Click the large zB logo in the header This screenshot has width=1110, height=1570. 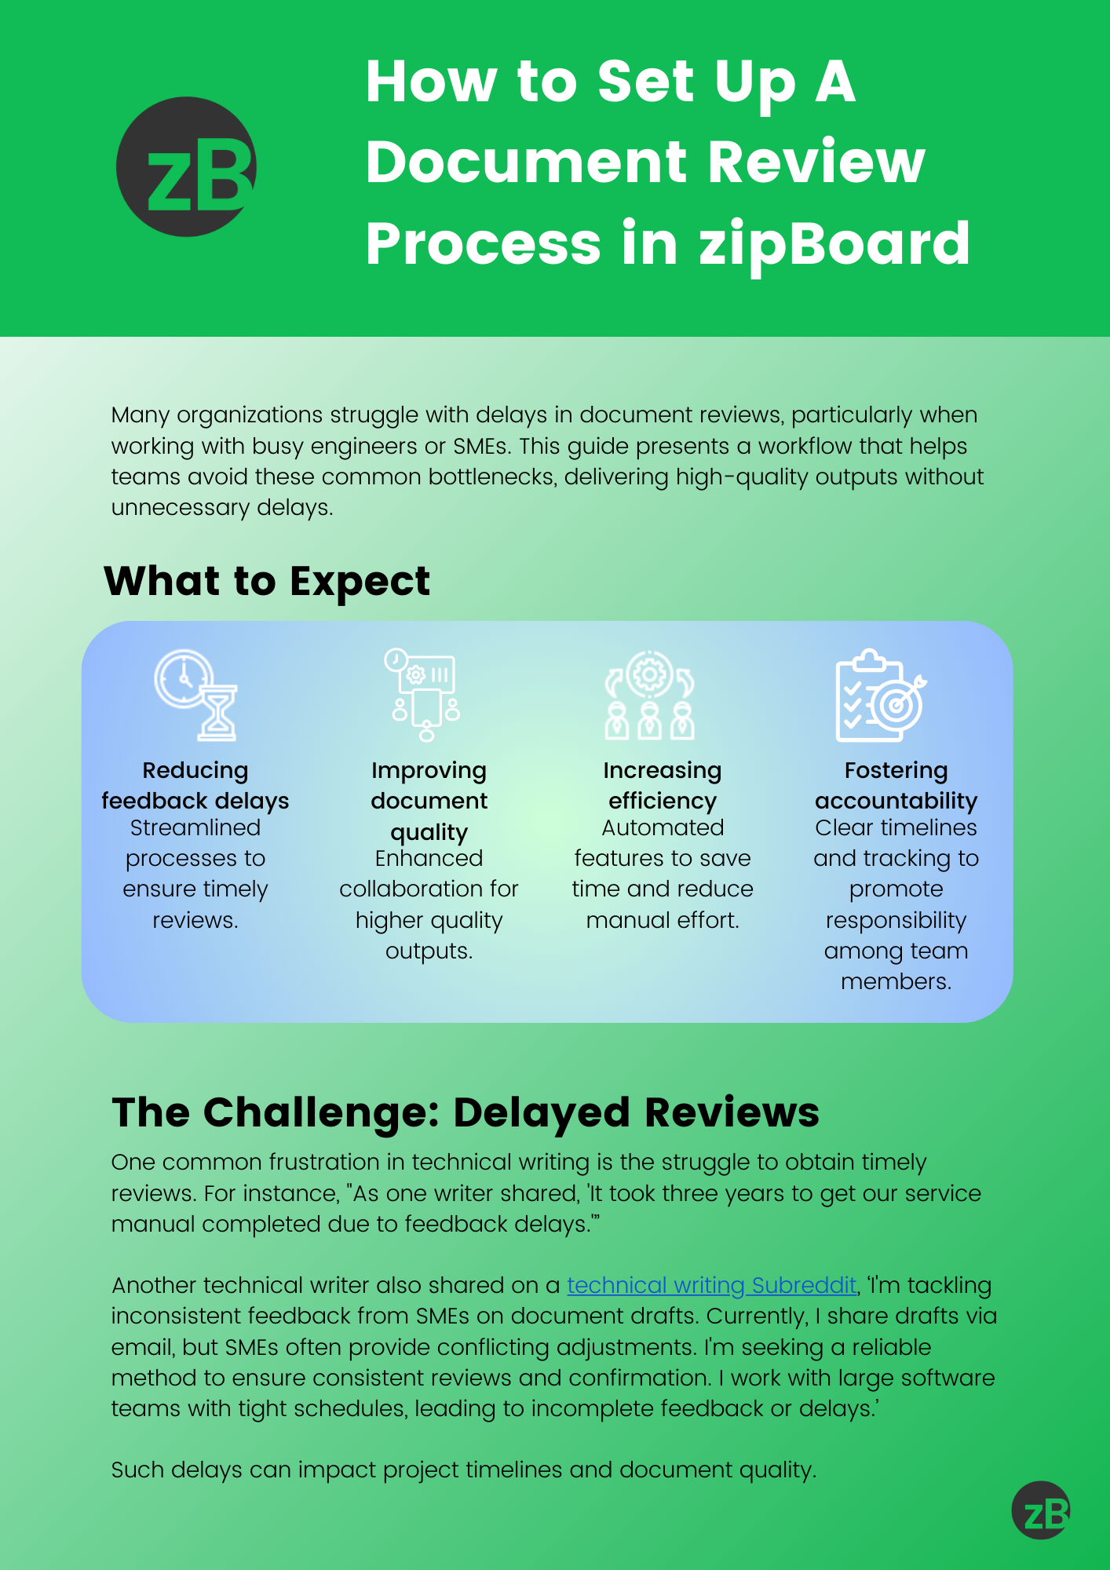click(x=186, y=166)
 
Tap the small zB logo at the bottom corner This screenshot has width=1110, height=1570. click(x=1041, y=1510)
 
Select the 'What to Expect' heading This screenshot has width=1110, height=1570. click(x=267, y=582)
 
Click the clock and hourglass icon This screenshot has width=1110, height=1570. click(x=195, y=695)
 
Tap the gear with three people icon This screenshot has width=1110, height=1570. click(x=649, y=695)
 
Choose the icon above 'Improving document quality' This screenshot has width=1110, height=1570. click(x=424, y=695)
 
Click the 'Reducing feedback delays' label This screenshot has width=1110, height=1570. click(x=195, y=786)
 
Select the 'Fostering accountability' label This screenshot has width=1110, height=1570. click(x=896, y=786)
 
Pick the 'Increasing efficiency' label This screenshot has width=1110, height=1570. click(x=662, y=786)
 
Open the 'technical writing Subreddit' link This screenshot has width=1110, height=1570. click(x=711, y=1285)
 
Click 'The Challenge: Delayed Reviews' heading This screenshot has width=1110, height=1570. click(x=466, y=1112)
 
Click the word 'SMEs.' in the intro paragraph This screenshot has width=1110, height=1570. click(x=482, y=446)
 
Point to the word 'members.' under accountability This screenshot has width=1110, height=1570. click(x=896, y=981)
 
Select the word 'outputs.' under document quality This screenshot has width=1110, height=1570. click(x=429, y=951)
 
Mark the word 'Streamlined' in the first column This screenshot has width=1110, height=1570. click(x=195, y=827)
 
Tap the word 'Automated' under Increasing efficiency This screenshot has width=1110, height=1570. click(x=663, y=827)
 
